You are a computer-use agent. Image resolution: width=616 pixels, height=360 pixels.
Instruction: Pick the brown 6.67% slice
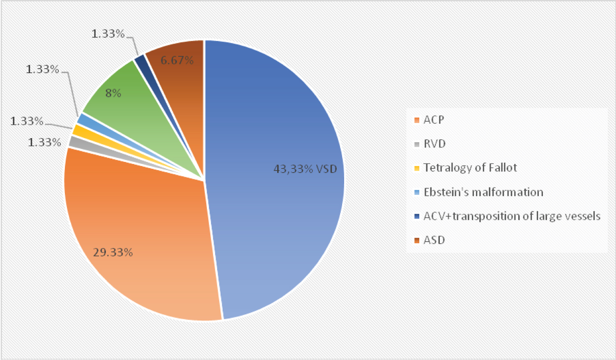click(x=181, y=82)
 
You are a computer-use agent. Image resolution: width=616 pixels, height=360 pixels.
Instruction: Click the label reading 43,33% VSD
click(x=305, y=169)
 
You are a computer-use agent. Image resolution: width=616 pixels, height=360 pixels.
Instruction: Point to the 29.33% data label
click(x=113, y=252)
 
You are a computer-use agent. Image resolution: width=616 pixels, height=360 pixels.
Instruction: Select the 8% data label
click(x=113, y=93)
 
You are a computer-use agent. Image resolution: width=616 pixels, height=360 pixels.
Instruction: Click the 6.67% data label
click(x=177, y=60)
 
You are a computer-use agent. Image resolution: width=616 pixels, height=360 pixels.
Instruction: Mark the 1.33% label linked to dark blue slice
click(x=108, y=34)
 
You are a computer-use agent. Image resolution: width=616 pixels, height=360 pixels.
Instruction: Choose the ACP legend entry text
click(x=434, y=120)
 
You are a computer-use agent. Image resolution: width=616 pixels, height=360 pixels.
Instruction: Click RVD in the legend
click(x=434, y=144)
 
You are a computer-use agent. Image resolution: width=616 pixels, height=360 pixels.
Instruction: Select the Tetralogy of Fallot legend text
click(x=470, y=168)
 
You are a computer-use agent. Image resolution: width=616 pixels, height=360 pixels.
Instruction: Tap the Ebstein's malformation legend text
click(x=483, y=192)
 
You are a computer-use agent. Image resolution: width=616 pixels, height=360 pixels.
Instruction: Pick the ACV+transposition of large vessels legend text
click(x=512, y=216)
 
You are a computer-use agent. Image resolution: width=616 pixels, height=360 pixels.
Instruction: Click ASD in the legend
click(x=434, y=240)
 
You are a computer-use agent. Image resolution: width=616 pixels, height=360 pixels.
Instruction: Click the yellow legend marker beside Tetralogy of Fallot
click(x=417, y=168)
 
